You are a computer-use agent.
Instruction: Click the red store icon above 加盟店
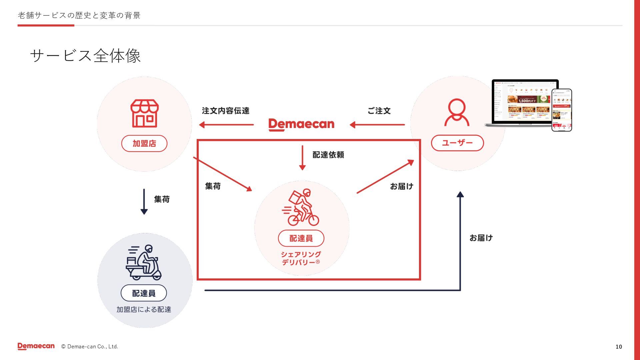click(x=144, y=113)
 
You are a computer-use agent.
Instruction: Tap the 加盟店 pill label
click(x=144, y=144)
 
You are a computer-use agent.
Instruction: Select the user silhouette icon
click(x=457, y=113)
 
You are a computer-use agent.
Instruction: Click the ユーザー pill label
click(x=457, y=143)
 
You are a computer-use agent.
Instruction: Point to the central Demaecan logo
click(x=301, y=124)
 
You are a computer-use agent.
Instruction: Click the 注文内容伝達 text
click(x=226, y=111)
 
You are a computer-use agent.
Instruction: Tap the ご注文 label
click(x=379, y=111)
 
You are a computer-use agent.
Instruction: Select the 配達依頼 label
click(x=328, y=155)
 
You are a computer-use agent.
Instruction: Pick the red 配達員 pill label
click(x=301, y=238)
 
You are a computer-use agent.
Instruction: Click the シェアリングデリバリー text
click(x=301, y=258)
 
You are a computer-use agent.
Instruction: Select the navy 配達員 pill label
click(x=144, y=293)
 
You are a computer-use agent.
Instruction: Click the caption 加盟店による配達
click(x=144, y=310)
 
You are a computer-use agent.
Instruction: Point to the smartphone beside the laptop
click(x=562, y=110)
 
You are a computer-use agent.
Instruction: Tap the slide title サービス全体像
click(x=85, y=56)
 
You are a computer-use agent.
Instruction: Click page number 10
click(x=619, y=347)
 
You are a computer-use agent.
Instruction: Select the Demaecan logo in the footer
click(x=36, y=346)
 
